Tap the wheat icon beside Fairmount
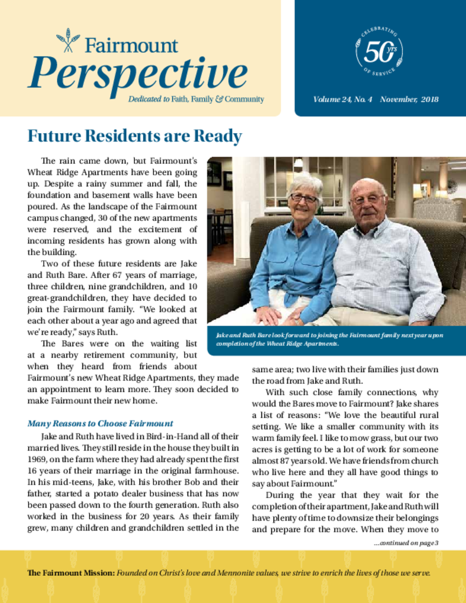(68, 40)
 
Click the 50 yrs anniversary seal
(379, 52)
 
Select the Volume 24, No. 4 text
(343, 100)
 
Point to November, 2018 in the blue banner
(409, 100)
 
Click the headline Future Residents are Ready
(134, 137)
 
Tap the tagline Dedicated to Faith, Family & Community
(196, 100)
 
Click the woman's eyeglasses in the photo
(303, 198)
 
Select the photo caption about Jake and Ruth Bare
(330, 339)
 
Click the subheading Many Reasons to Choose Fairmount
(100, 423)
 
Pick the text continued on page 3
(406, 543)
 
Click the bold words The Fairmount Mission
(70, 573)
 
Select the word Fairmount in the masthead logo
(131, 45)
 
